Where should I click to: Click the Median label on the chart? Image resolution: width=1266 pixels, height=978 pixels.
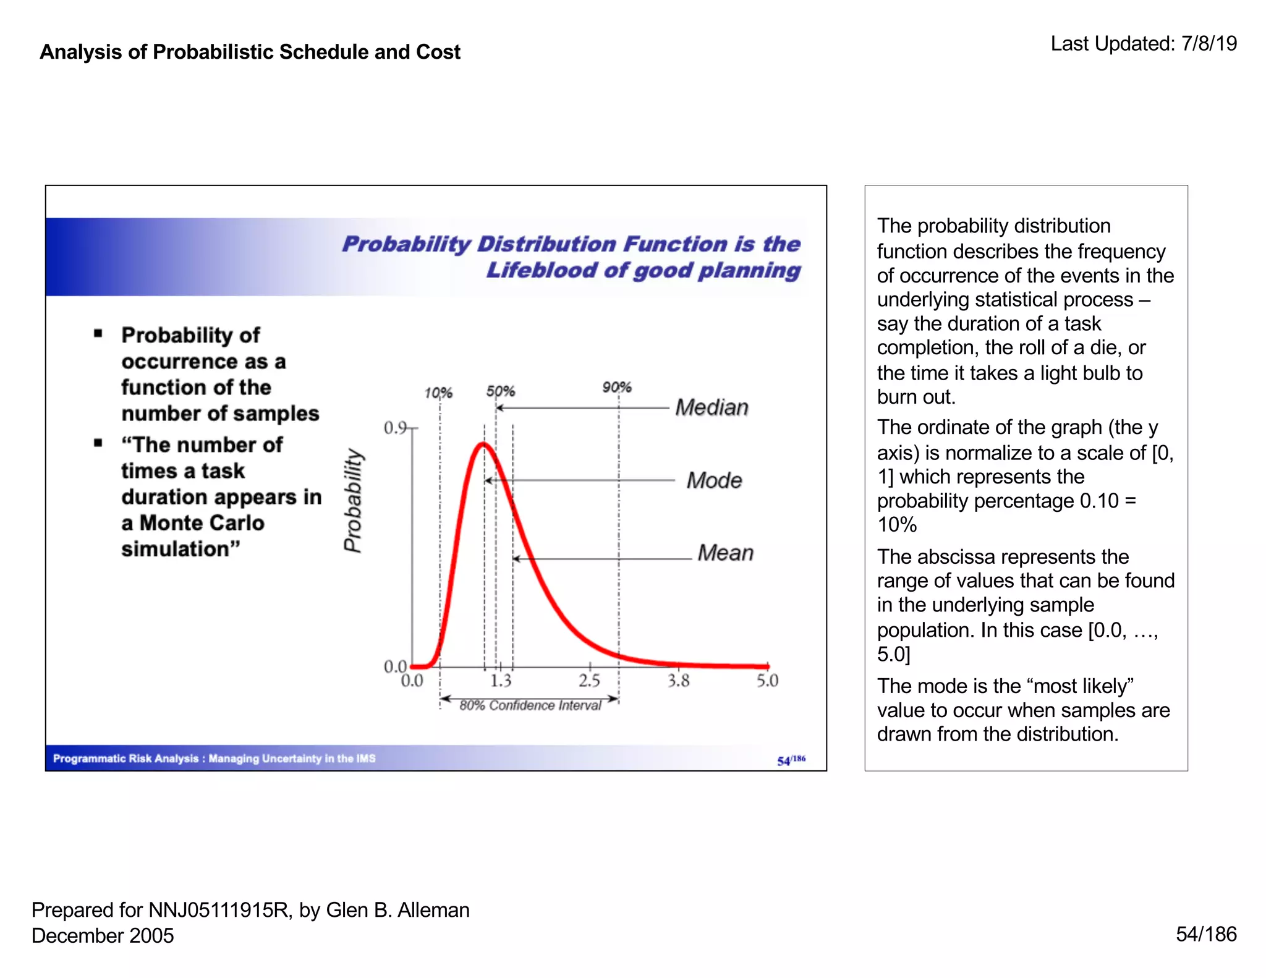tap(712, 407)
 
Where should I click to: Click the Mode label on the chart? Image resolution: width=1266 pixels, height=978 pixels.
tap(714, 480)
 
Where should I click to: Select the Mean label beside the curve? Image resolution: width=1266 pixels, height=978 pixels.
tap(725, 553)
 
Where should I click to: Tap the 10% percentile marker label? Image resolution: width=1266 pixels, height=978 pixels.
tap(438, 393)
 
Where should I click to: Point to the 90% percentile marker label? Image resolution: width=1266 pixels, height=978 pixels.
tap(617, 388)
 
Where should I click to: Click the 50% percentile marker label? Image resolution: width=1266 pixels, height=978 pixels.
tap(500, 391)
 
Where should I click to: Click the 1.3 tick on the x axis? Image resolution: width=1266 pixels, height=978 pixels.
tap(501, 681)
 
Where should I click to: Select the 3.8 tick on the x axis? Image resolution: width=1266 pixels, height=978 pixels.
tap(678, 681)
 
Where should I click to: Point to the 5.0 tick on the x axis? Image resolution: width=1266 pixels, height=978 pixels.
tap(767, 681)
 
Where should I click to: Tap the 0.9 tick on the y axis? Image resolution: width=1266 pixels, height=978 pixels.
tap(395, 428)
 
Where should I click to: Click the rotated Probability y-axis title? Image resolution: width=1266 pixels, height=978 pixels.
tap(353, 501)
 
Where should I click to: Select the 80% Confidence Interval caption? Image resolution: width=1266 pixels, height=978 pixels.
tap(530, 706)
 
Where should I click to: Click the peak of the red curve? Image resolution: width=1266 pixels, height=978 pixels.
tap(483, 444)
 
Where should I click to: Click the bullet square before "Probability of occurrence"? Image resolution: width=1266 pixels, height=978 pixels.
tap(98, 334)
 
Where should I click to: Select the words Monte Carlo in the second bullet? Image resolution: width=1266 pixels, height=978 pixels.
tap(202, 523)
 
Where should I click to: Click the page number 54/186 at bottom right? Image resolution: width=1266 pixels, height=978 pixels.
tap(1205, 934)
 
